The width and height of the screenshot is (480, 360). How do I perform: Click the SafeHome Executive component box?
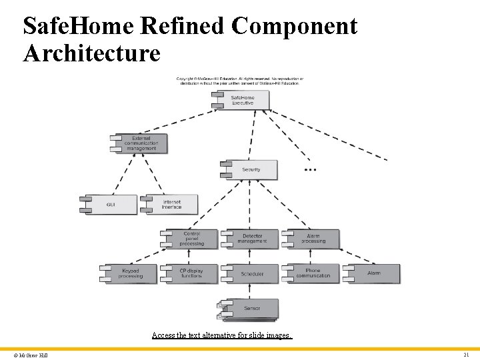click(243, 100)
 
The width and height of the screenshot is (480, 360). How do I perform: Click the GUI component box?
click(111, 204)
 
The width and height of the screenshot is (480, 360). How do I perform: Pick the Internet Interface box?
click(171, 204)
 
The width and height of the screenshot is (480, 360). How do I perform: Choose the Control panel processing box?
click(191, 239)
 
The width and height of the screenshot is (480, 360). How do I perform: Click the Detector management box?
click(252, 239)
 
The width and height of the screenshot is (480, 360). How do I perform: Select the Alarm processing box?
click(313, 239)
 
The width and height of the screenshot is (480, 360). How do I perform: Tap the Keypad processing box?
click(131, 273)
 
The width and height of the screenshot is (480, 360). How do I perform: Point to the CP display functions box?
click(191, 273)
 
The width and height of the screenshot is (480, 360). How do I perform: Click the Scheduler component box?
click(252, 273)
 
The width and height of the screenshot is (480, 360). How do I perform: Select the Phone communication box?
click(313, 273)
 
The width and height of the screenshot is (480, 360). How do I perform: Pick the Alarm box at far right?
click(374, 273)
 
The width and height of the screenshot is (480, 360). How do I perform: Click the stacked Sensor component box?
click(251, 308)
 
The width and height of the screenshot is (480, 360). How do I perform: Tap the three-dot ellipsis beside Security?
click(310, 170)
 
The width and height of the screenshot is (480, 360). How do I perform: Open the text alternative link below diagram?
click(221, 335)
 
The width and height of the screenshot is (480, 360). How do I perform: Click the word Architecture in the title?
click(91, 53)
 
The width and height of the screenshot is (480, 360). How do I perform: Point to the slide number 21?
click(466, 355)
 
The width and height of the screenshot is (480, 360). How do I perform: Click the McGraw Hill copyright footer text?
click(29, 355)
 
